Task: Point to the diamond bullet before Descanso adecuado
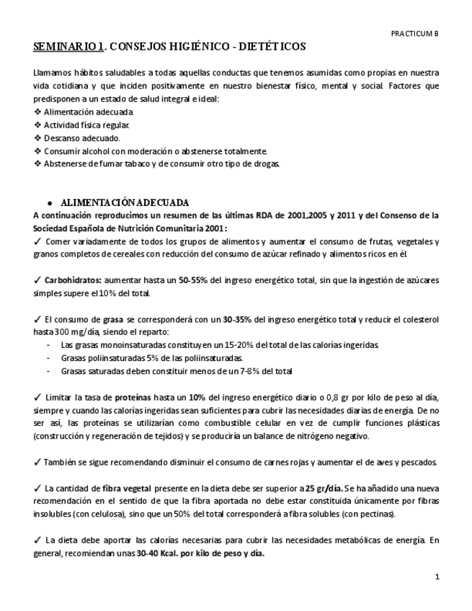coord(37,138)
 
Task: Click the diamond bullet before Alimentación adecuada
coord(37,112)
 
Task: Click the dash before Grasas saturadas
coord(48,371)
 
